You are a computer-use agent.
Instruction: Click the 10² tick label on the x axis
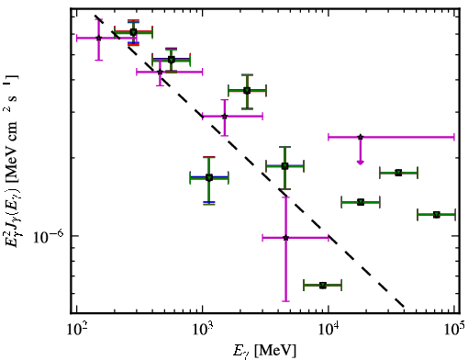76,330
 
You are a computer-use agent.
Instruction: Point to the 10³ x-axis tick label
203,330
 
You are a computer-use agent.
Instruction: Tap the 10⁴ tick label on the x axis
329,330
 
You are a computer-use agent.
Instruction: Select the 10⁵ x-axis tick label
454,330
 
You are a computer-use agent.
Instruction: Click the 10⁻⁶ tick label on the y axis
49,237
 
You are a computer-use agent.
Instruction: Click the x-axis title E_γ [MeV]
264,351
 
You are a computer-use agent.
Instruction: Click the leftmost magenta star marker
98,38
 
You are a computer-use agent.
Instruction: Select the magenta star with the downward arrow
361,137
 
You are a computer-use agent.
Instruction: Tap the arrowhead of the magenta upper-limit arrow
361,163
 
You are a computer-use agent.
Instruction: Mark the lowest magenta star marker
285,238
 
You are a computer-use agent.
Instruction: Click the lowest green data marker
323,286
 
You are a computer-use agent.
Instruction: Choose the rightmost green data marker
437,215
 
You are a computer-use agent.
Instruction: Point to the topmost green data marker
133,32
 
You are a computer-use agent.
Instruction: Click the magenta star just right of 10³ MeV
225,116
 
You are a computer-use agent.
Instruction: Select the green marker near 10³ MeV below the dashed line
209,177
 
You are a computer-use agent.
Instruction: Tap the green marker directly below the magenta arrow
361,202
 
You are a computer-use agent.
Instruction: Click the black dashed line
250,161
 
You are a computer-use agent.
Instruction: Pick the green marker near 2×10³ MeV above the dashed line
247,91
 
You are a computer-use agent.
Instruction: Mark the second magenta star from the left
160,72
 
